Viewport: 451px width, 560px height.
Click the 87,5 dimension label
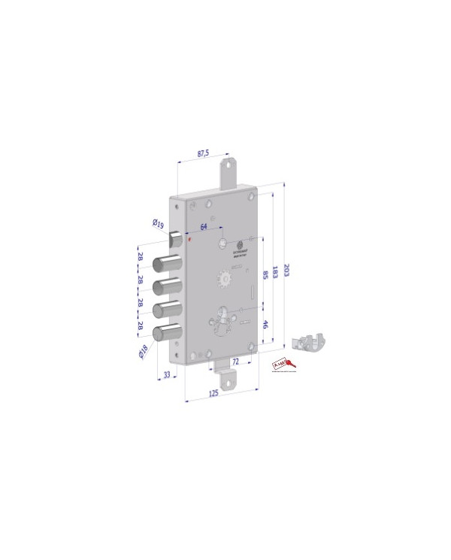tap(203, 154)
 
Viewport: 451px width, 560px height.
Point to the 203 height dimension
tap(286, 269)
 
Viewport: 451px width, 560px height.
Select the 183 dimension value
tap(275, 273)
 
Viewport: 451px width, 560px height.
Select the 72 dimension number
tap(235, 362)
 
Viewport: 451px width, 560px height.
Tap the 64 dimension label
tap(204, 226)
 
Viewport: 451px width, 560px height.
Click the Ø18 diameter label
tap(143, 352)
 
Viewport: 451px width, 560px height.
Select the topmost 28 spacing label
tap(141, 257)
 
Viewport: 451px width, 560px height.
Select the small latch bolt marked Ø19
tap(175, 239)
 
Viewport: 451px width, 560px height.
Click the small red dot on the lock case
tap(189, 240)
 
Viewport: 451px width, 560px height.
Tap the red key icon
tap(283, 364)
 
